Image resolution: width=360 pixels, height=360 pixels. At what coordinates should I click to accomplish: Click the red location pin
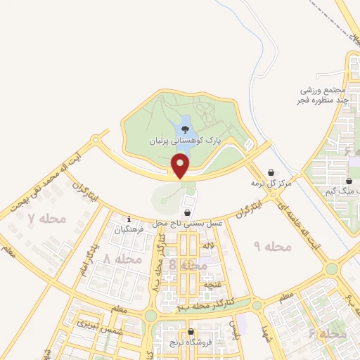[x=181, y=166]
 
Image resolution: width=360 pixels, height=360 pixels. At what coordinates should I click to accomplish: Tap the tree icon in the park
[x=185, y=129]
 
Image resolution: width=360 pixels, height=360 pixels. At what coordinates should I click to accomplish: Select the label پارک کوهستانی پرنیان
[x=185, y=141]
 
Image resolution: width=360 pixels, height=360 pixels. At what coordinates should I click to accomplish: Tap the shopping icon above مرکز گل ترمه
[x=271, y=172]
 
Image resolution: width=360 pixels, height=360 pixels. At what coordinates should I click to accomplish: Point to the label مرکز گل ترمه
[x=271, y=184]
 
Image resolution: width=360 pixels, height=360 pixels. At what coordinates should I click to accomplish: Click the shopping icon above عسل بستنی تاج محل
[x=187, y=212]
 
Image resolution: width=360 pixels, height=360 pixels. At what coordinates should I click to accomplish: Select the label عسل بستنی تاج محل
[x=187, y=222]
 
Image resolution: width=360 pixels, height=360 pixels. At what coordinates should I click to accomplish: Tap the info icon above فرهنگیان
[x=129, y=219]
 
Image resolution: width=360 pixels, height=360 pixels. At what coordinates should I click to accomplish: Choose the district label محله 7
[x=46, y=219]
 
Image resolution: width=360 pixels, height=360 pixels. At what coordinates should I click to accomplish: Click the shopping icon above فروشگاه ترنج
[x=191, y=331]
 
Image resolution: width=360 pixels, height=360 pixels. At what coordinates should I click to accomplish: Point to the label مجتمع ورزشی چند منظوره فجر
[x=324, y=96]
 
